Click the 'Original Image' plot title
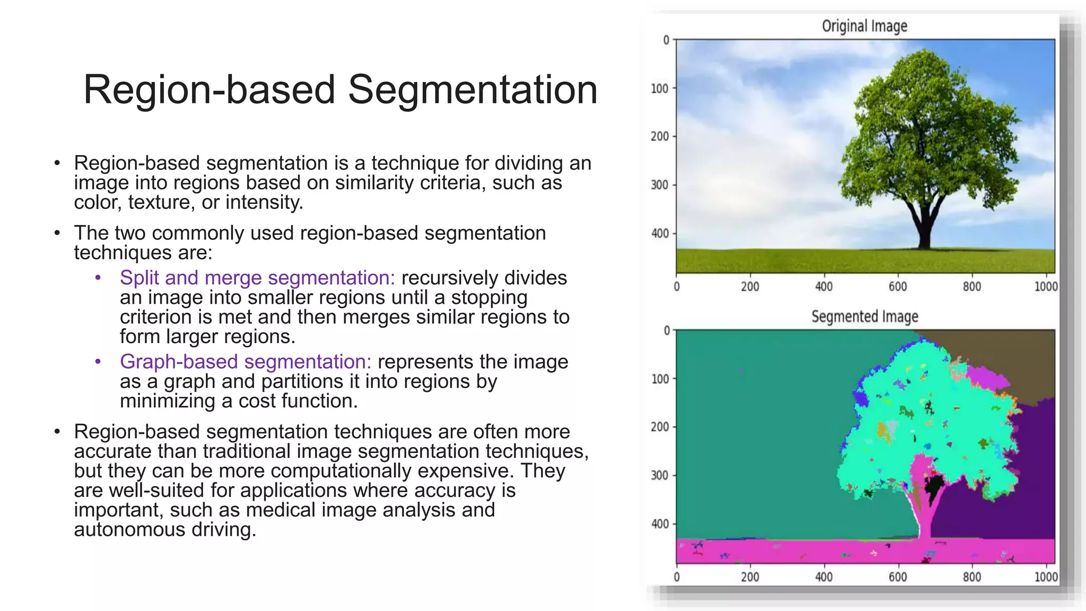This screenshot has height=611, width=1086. coord(864,26)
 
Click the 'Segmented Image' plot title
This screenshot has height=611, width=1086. coord(864,317)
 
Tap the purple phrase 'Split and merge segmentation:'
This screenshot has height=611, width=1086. coord(257,278)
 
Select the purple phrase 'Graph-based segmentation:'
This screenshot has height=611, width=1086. coord(246,362)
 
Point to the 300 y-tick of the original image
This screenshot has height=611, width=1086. coord(659,185)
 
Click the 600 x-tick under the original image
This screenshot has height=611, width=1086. coord(898,287)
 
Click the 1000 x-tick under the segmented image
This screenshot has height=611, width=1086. coord(1046,577)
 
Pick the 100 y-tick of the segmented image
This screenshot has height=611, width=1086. coord(660,379)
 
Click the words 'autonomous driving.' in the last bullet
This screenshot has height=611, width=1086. coord(165,530)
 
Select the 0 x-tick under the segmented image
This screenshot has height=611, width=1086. coord(677,577)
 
